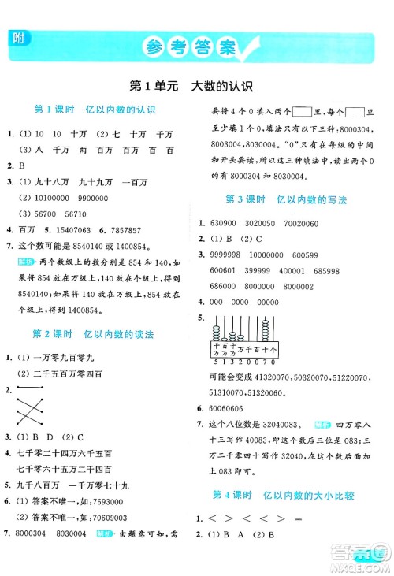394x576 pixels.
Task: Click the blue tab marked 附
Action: [17, 38]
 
